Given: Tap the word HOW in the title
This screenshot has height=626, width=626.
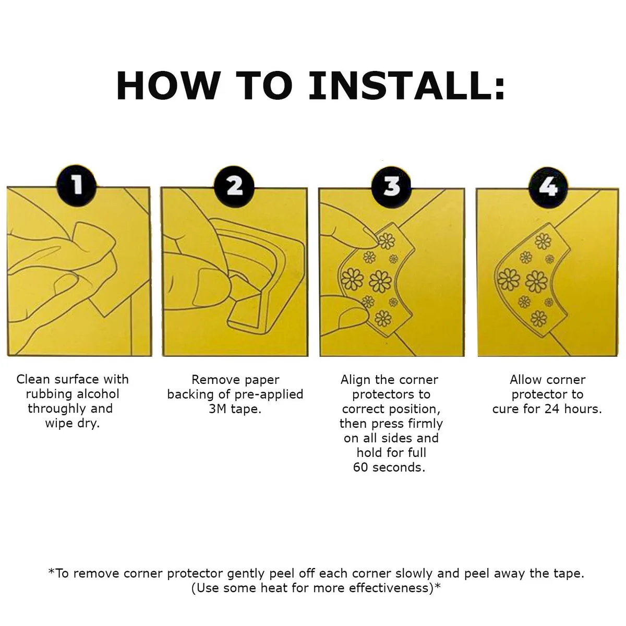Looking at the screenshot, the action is tap(168, 86).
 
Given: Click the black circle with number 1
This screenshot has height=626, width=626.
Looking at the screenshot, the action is tap(77, 186).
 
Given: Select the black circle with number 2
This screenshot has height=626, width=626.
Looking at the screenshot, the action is tap(234, 186).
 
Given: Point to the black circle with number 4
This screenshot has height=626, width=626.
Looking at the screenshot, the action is tap(548, 187).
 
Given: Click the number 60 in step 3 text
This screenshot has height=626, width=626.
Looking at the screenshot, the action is tap(360, 467).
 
